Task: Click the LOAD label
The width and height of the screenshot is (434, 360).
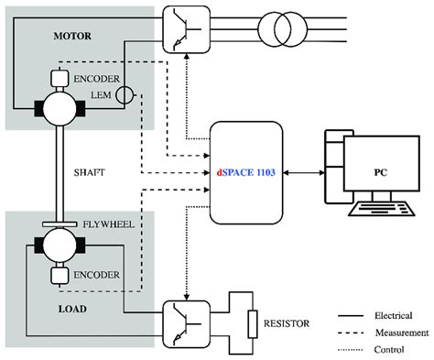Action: coord(41,309)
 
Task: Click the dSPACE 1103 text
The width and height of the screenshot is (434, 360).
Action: coord(247,172)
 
